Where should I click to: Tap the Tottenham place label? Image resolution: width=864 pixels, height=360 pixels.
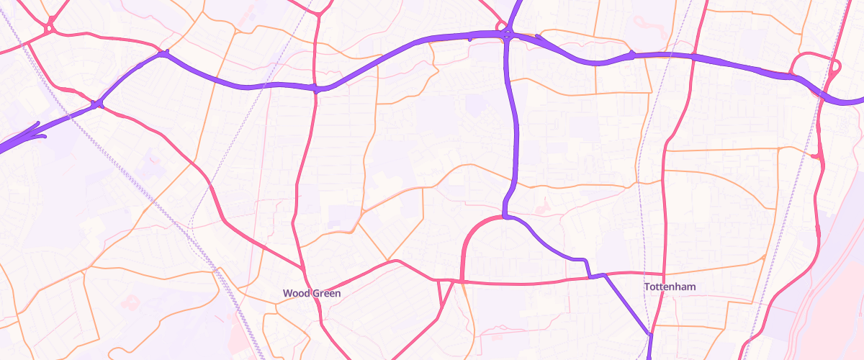(x=670, y=287)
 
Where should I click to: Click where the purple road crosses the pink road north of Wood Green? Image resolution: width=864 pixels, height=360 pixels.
(x=315, y=89)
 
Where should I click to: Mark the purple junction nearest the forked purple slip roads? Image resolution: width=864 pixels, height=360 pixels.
(x=98, y=105)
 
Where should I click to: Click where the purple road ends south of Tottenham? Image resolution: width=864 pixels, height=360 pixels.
(x=649, y=357)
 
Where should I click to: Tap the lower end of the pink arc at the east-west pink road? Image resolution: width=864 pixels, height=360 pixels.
(x=461, y=281)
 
